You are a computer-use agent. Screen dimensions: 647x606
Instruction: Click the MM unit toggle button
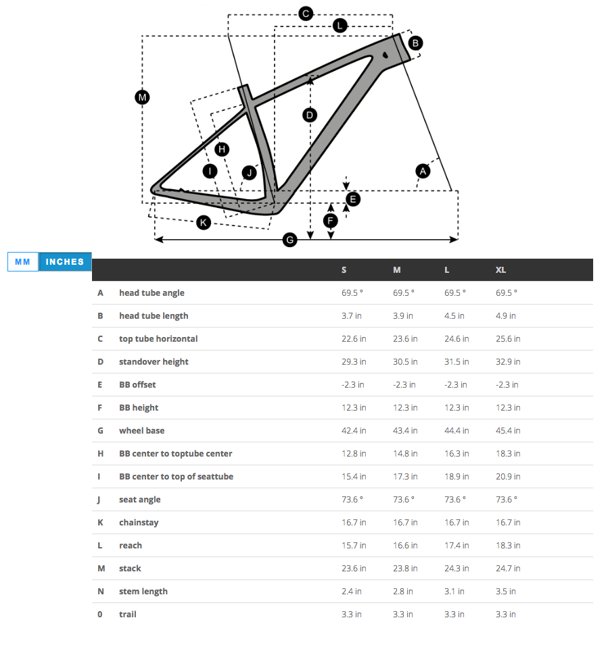pos(23,262)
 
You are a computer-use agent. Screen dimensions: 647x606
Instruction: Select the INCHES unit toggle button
pos(65,262)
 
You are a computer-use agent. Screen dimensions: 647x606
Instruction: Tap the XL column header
pos(500,270)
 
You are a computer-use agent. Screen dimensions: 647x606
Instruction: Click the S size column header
pos(344,270)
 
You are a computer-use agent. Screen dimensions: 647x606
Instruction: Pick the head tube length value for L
pos(454,316)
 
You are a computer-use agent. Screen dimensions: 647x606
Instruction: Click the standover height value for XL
pos(507,362)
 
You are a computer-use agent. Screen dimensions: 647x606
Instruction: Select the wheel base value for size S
pos(354,431)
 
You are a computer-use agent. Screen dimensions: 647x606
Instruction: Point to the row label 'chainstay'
pos(139,523)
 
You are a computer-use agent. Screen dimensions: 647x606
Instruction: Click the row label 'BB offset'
pos(137,385)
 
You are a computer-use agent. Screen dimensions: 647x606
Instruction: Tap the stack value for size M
pos(405,569)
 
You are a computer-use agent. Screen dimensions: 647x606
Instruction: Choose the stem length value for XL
pos(505,592)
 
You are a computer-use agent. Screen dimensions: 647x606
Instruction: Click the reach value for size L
pos(457,546)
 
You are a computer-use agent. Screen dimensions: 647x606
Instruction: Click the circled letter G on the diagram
pos(289,240)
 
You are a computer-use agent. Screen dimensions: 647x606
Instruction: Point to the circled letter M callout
pos(142,97)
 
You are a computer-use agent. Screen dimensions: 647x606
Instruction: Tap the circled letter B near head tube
pos(416,43)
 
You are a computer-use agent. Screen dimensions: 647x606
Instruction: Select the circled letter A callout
pos(423,171)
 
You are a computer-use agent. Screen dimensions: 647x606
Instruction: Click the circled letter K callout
pos(203,222)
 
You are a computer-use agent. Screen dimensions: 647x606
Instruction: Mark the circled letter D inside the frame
pos(310,115)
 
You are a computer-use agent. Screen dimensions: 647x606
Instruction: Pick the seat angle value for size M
pos(404,500)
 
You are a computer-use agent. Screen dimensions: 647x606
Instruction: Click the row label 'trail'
pos(128,615)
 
